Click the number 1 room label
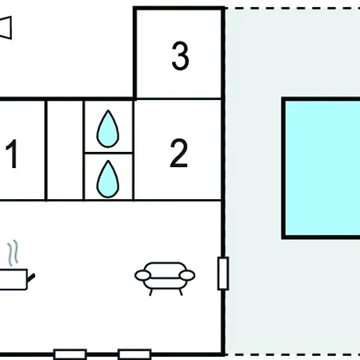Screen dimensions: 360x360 [x=12, y=154]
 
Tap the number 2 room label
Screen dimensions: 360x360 [x=178, y=153]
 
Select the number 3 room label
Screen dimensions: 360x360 [x=180, y=56]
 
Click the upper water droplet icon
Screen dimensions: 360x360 [x=108, y=129]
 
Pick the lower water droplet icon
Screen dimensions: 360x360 [x=108, y=179]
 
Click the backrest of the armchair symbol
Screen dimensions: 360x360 [x=165, y=268]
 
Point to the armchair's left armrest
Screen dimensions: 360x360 [x=142, y=275]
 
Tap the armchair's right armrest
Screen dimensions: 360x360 [x=187, y=275]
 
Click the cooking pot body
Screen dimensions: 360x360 [x=14, y=279]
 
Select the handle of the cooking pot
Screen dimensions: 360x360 [x=31, y=278]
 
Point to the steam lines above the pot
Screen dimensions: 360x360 [x=13, y=253]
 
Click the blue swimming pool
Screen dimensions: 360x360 [x=322, y=168]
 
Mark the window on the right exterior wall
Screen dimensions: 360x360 [x=223, y=274]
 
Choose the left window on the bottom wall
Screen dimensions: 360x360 [x=70, y=354]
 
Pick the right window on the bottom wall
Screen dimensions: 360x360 [x=134, y=354]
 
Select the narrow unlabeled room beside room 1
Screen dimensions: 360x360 [x=65, y=150]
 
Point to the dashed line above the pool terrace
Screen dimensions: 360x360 [x=293, y=9]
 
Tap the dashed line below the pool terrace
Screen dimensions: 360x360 [x=293, y=354]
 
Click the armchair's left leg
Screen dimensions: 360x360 [x=150, y=292]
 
